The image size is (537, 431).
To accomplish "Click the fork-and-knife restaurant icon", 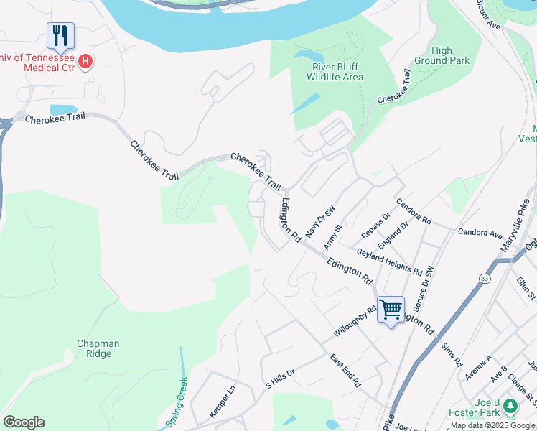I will tap(61, 35).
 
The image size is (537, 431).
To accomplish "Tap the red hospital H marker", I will tap(85, 62).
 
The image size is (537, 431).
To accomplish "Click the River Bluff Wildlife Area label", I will tap(335, 72).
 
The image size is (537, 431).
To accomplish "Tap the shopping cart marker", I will tap(391, 310).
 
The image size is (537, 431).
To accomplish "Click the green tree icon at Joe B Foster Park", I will tap(510, 407).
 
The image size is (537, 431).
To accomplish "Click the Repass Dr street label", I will tap(375, 225).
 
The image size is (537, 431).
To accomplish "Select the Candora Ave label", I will tap(480, 233).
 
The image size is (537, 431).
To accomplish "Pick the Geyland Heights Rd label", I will tap(388, 261).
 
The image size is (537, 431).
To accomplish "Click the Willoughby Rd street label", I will tap(355, 323).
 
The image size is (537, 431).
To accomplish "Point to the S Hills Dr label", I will tap(281, 376).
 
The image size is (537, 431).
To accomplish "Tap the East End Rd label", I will tap(345, 371).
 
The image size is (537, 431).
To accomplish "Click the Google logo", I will tap(24, 422).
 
